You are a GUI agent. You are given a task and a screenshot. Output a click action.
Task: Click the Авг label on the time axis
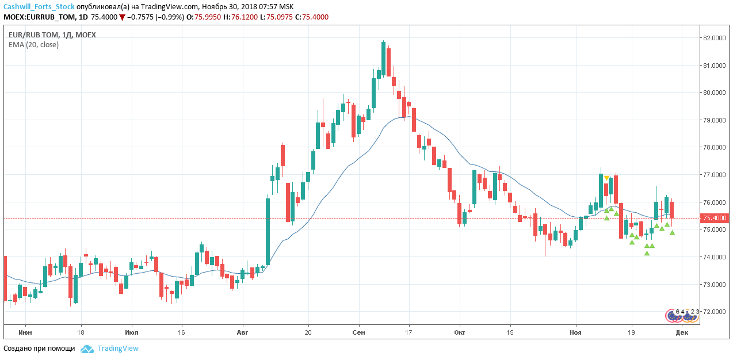tap(242, 332)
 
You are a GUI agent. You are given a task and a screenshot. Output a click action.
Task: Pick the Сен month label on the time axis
tap(359, 332)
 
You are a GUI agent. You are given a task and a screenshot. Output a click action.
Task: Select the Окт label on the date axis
tap(460, 332)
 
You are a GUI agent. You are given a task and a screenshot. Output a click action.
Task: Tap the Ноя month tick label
tap(575, 332)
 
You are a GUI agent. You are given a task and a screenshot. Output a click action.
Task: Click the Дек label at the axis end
tap(682, 332)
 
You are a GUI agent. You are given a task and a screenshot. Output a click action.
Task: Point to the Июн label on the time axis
tap(25, 332)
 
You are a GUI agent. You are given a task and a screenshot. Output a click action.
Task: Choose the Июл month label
tap(132, 332)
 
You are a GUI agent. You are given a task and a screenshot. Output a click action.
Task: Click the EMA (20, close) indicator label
tap(33, 44)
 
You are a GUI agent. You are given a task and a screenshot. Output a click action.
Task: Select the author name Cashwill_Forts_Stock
tap(39, 6)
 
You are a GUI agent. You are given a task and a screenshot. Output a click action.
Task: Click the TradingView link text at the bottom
tap(118, 348)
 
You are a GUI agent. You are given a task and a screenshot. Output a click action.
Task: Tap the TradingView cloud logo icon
tap(87, 348)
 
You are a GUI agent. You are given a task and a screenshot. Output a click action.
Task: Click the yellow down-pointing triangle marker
tap(606, 178)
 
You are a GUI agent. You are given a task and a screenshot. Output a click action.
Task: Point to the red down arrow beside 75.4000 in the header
tap(122, 17)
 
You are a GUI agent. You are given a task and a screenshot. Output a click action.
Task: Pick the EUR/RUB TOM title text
tap(33, 35)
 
